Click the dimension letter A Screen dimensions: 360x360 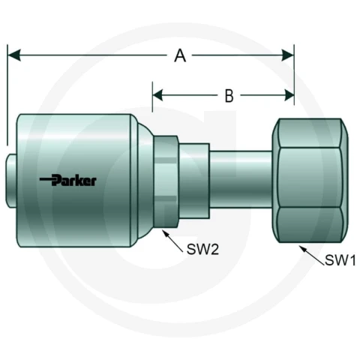pyautogui.click(x=180, y=55)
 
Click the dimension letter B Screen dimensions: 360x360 pyautogui.click(x=229, y=96)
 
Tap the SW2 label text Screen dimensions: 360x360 pyautogui.click(x=202, y=249)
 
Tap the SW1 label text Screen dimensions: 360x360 pyautogui.click(x=340, y=260)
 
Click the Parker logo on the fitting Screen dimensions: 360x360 pyautogui.click(x=68, y=180)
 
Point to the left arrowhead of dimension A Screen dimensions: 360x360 pyautogui.click(x=14, y=55)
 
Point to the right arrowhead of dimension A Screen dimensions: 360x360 pyautogui.click(x=287, y=55)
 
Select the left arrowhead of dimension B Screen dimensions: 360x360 pyautogui.click(x=158, y=95)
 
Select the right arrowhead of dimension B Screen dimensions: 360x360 pyautogui.click(x=289, y=95)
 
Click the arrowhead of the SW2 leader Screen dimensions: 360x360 pyautogui.click(x=166, y=234)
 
